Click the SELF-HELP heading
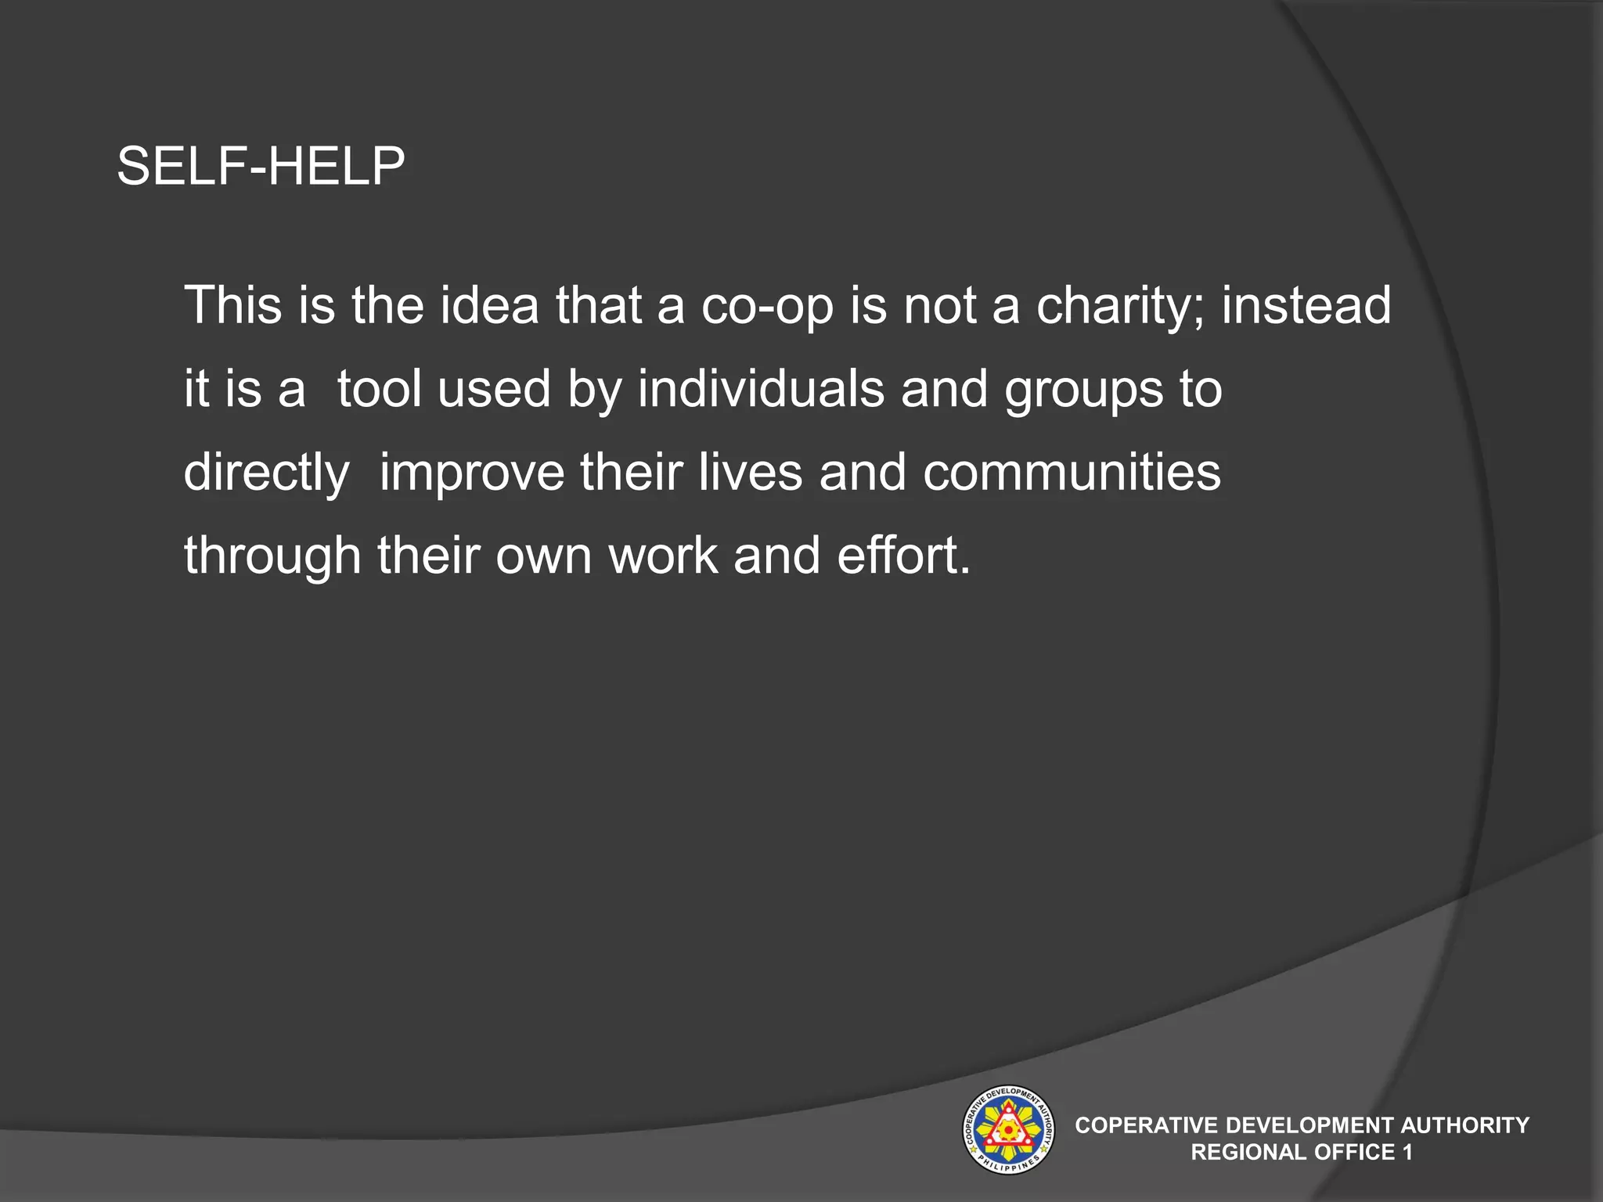[261, 167]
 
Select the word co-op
[767, 308]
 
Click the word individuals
[760, 389]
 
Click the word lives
[751, 473]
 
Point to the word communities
[1072, 473]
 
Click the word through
[272, 557]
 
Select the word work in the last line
[663, 556]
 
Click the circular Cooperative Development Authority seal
[1007, 1129]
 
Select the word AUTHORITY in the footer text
[1464, 1125]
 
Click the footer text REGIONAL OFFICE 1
[1302, 1152]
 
